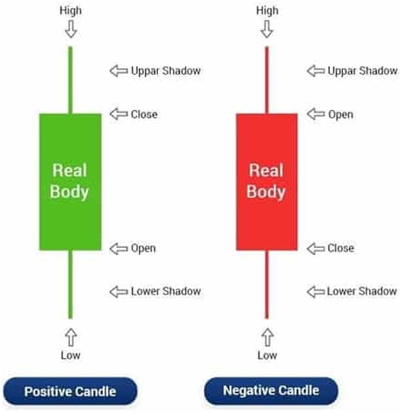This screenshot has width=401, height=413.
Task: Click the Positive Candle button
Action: pyautogui.click(x=70, y=391)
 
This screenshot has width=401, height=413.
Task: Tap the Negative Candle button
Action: pyautogui.click(x=271, y=390)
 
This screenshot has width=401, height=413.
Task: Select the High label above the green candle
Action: pyautogui.click(x=71, y=11)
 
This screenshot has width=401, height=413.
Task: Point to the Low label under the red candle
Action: pyautogui.click(x=267, y=356)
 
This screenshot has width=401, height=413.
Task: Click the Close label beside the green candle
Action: pyautogui.click(x=144, y=115)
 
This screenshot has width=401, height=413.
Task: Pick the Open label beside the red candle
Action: pyautogui.click(x=341, y=115)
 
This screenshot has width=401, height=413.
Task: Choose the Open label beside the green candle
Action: pyautogui.click(x=143, y=248)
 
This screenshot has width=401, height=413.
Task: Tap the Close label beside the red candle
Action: pyautogui.click(x=341, y=248)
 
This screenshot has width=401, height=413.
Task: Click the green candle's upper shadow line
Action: pyautogui.click(x=70, y=80)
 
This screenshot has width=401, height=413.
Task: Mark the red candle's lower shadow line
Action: pyautogui.click(x=267, y=284)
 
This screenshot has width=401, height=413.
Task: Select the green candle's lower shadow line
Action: pyautogui.click(x=70, y=284)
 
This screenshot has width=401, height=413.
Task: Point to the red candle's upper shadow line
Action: pyautogui.click(x=267, y=80)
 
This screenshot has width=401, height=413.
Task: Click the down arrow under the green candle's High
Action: pyautogui.click(x=71, y=29)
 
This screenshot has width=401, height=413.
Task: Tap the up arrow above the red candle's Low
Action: pyautogui.click(x=267, y=337)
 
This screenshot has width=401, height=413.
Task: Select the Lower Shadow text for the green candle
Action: pyautogui.click(x=166, y=291)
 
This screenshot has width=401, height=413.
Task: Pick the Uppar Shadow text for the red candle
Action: pyautogui.click(x=363, y=71)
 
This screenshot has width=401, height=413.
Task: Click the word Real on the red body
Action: pyautogui.click(x=267, y=170)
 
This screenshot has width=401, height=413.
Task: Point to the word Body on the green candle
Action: pyautogui.click(x=69, y=192)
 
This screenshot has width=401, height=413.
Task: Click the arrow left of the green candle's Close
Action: pyautogui.click(x=119, y=114)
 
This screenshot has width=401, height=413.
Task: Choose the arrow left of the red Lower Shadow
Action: pyautogui.click(x=315, y=292)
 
